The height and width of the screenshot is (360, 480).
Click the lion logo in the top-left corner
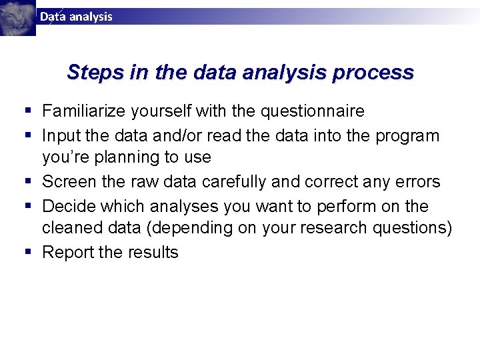point(17,17)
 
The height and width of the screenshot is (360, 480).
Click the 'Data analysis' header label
point(76,17)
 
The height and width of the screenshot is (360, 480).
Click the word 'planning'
point(127,158)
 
